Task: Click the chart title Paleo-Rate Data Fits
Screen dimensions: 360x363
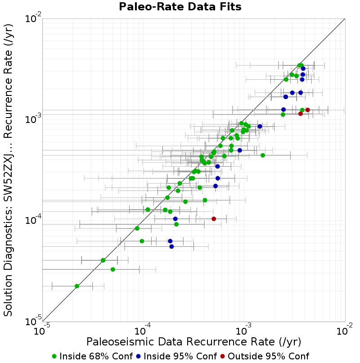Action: [180, 7]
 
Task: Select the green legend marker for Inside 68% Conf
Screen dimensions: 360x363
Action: [54, 357]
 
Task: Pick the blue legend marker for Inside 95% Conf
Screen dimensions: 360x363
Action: [138, 357]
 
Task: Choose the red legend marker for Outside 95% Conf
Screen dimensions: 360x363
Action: [223, 357]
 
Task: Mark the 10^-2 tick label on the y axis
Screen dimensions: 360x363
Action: [33, 18]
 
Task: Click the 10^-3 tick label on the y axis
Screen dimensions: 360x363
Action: [33, 119]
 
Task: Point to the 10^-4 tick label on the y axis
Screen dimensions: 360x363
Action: [33, 220]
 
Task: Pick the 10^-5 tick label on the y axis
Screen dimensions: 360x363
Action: [33, 321]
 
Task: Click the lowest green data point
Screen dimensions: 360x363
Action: [77, 286]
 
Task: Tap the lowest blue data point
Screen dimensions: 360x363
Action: [171, 246]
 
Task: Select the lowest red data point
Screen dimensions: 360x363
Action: [214, 219]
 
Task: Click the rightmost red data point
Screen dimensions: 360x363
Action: [307, 110]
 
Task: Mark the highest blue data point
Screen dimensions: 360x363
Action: [303, 68]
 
